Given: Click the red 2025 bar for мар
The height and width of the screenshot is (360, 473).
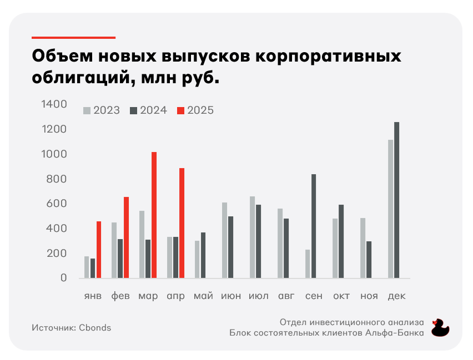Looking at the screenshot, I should (x=154, y=215).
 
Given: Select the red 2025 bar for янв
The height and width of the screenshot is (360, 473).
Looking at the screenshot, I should (x=99, y=250).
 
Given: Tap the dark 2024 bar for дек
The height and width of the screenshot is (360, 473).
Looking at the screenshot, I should (x=396, y=200).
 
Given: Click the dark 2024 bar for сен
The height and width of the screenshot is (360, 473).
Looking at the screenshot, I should (x=314, y=226).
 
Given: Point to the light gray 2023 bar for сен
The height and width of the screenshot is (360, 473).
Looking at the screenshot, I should (x=308, y=263).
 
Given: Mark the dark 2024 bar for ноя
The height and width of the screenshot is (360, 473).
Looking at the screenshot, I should (x=369, y=259).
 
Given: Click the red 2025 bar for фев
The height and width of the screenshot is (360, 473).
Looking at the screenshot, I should (x=126, y=237).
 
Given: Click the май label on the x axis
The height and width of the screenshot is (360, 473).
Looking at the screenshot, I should (x=203, y=296).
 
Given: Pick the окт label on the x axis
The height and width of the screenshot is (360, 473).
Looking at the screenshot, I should (x=341, y=296).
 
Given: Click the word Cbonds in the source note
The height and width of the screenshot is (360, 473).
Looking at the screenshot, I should (x=94, y=327).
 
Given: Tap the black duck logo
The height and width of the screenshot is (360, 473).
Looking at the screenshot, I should (x=440, y=327).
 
